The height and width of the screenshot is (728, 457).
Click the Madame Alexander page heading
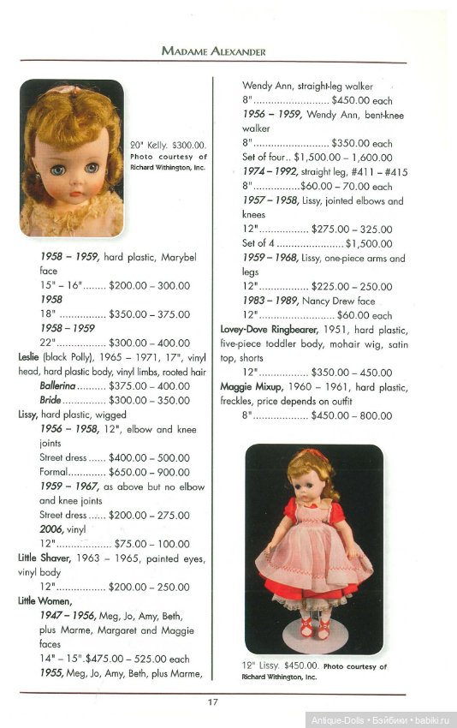coord(214,51)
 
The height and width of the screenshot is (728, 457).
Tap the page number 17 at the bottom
coord(213,703)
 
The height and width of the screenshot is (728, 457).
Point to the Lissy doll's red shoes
coord(313,632)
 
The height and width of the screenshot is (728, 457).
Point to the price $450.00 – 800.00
coord(352,416)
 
